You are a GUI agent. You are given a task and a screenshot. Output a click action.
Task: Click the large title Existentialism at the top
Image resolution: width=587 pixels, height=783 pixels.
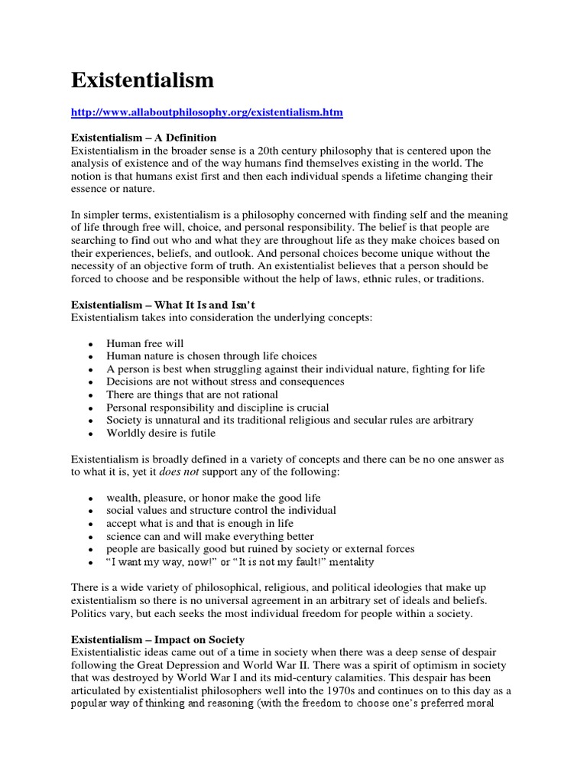(142, 80)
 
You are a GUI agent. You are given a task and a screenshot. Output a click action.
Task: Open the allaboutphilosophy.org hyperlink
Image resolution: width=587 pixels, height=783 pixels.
(207, 112)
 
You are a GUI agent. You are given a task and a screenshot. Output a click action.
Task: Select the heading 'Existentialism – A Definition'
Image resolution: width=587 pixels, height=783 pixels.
(144, 138)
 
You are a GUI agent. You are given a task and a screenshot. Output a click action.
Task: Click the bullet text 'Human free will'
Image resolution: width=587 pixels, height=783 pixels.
(145, 343)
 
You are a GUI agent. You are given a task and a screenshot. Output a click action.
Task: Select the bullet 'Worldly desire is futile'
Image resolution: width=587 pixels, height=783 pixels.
(161, 433)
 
